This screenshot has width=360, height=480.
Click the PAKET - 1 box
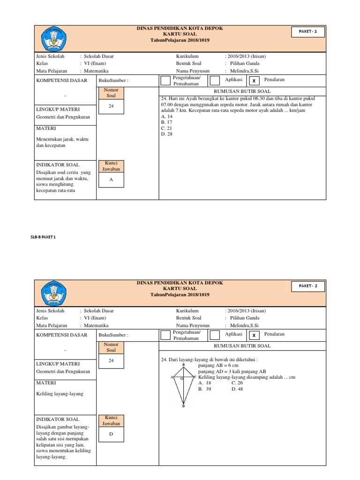tap(308, 32)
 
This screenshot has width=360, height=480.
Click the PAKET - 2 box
tap(308, 286)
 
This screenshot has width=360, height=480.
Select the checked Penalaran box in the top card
tap(254, 81)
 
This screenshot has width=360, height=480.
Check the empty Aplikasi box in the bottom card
tap(215, 335)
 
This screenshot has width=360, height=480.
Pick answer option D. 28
tap(167, 134)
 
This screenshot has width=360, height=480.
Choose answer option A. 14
tap(167, 116)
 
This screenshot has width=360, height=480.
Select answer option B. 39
tap(205, 389)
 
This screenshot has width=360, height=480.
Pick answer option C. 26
tap(237, 383)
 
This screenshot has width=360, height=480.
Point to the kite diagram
tap(183, 385)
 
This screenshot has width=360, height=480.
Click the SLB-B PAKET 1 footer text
tap(43, 237)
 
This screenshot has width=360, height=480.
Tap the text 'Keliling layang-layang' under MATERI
tap(60, 394)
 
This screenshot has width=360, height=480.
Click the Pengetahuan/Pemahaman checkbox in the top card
tap(165, 81)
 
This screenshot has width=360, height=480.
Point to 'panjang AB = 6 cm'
tap(218, 365)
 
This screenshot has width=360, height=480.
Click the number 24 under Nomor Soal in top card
tap(111, 106)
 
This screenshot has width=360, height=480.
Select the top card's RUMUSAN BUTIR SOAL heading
tap(242, 91)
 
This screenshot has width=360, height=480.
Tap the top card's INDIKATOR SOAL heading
tap(58, 165)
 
